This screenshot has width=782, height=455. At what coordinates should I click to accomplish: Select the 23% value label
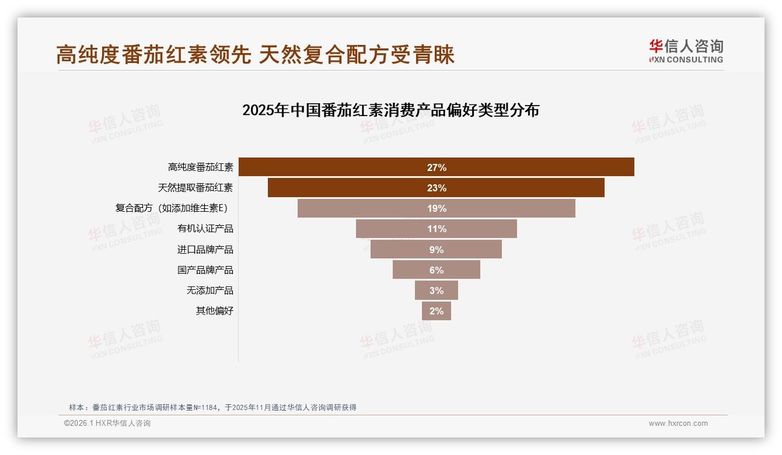(x=437, y=188)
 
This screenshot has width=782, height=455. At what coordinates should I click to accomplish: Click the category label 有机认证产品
(x=205, y=229)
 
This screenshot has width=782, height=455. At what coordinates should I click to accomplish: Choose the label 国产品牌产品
(x=205, y=270)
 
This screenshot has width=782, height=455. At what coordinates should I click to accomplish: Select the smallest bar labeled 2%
(x=437, y=311)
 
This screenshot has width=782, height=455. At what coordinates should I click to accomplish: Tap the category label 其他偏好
(x=214, y=311)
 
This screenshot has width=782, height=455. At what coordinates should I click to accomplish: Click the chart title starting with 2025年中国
(x=390, y=110)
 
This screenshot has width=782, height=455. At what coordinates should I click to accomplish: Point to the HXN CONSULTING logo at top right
(x=686, y=51)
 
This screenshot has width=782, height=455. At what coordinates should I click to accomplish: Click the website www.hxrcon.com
(x=678, y=423)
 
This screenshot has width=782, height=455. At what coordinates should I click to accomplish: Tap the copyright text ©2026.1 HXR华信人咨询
(x=107, y=423)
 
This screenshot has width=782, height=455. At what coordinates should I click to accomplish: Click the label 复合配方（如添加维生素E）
(x=172, y=208)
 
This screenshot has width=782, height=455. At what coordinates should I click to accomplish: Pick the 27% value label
(x=437, y=167)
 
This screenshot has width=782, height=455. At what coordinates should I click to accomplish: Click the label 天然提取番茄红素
(x=195, y=188)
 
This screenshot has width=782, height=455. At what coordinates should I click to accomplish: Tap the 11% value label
(x=437, y=229)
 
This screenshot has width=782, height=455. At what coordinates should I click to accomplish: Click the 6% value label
(x=437, y=270)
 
